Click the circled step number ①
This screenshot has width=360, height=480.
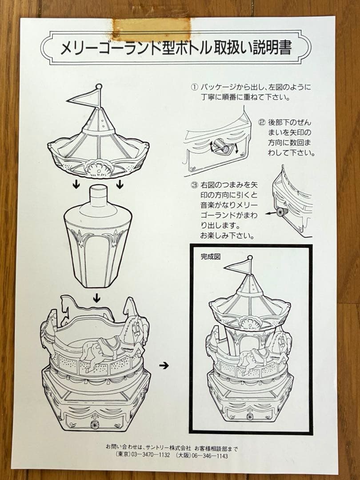coord(194,87)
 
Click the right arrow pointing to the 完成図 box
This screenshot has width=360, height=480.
coord(164,366)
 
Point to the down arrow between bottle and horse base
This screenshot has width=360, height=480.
coord(96,299)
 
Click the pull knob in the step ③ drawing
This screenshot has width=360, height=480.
coord(281,212)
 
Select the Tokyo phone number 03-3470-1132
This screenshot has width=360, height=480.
coord(142,455)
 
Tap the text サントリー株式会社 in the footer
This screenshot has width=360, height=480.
coord(169,447)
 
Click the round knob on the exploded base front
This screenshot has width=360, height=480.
coord(94,424)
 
